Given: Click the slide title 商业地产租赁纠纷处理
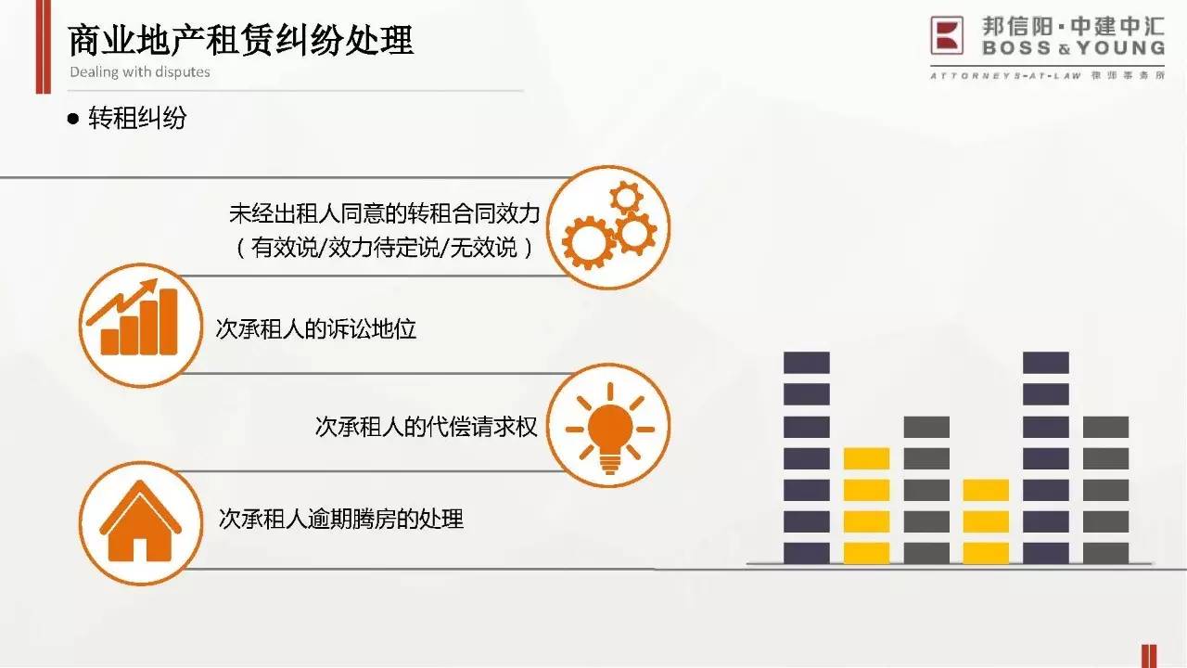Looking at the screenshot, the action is [x=240, y=40].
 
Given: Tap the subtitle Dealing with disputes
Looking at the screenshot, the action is [x=140, y=72].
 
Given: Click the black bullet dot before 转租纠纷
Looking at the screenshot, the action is [x=73, y=118].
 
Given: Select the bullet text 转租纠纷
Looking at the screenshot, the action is [x=137, y=118].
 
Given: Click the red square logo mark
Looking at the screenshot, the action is [x=947, y=35].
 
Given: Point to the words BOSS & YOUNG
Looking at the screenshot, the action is [x=1074, y=48].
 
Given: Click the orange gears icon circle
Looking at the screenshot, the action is [x=608, y=227].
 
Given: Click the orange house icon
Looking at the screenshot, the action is [x=140, y=522].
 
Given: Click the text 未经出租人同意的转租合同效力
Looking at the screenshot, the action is [x=385, y=213].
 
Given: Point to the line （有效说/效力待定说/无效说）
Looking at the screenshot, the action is [x=385, y=247].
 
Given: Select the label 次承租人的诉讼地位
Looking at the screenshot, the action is [x=316, y=328].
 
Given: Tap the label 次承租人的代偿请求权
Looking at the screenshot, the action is [x=426, y=426].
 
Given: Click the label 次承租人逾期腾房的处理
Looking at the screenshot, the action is [x=340, y=519].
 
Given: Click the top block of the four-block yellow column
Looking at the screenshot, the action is [x=866, y=458].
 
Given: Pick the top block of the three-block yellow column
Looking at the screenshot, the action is [x=986, y=490].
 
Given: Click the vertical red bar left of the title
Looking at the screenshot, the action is [x=44, y=46].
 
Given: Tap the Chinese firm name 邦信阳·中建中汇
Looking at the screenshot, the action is [x=1074, y=27].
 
